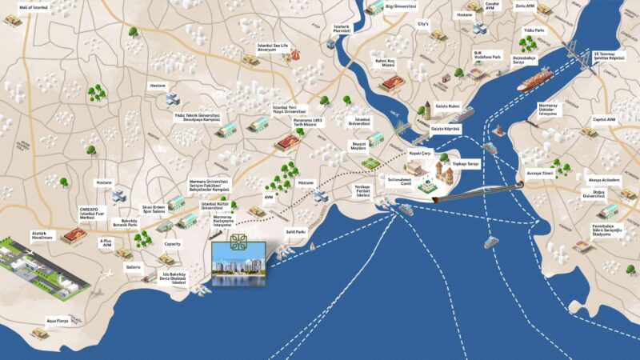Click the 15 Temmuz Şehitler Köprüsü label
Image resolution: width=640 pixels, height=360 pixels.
608,57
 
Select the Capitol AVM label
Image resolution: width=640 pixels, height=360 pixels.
604,120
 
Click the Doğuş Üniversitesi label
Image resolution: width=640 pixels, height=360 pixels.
610,194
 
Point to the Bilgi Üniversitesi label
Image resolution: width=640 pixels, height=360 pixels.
401,6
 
